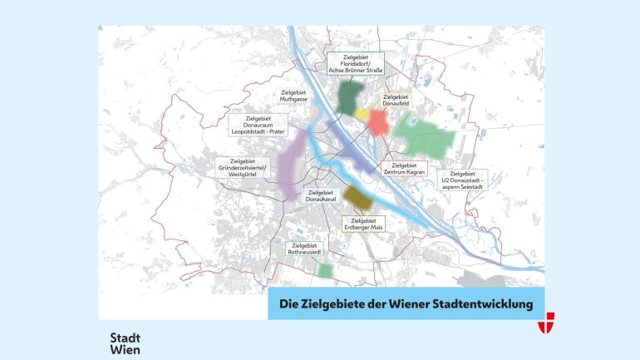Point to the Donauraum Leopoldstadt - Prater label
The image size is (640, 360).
click(x=264, y=124)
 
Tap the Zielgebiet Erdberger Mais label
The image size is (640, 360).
click(x=366, y=224)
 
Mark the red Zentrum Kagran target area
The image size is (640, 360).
click(x=378, y=122)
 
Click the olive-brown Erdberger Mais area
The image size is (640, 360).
click(x=357, y=198)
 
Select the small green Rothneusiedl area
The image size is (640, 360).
click(x=326, y=270)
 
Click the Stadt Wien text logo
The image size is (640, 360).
click(x=126, y=343)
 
